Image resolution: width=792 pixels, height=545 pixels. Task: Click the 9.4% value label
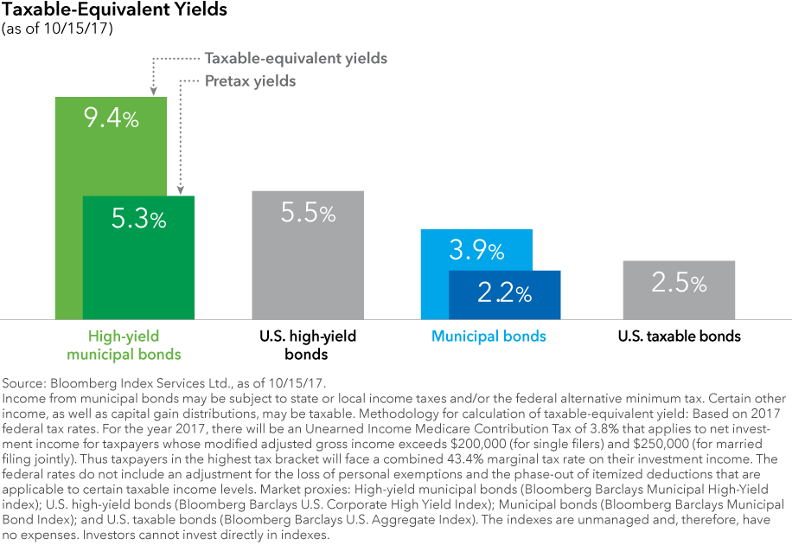111,119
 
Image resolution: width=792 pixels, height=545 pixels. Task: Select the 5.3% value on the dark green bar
138,219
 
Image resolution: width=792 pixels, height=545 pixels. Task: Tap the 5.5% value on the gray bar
308,213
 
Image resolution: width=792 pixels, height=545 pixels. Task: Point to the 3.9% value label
476,251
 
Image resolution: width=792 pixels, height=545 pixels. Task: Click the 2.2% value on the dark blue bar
505,293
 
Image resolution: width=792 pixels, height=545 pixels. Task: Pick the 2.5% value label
680,282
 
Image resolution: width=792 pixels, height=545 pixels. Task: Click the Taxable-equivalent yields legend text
296,59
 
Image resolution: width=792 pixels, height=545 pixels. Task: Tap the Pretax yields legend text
250,80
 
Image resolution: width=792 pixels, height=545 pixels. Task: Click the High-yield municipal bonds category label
134,344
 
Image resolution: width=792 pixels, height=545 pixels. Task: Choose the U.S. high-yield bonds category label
307,344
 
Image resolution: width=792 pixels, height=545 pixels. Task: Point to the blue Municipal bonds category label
489,336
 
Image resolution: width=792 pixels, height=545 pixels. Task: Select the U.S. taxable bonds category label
680,336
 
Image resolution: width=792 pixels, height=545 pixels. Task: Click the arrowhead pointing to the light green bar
152,90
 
